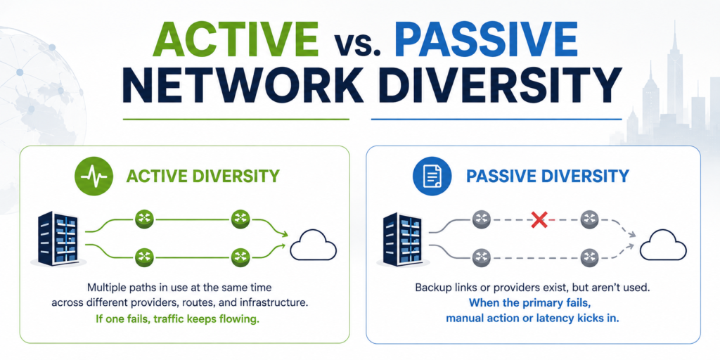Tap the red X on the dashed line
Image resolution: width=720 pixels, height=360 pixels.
(x=539, y=220)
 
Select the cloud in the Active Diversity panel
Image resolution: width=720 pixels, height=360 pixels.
(x=313, y=245)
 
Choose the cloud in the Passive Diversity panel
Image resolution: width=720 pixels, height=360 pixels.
(x=663, y=245)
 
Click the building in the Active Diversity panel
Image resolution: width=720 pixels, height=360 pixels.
(x=58, y=238)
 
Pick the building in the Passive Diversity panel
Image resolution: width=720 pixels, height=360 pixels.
(x=403, y=238)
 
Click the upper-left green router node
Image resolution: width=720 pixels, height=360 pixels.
(x=145, y=219)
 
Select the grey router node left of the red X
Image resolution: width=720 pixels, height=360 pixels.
(x=482, y=220)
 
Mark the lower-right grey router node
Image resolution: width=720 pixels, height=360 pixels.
(x=589, y=257)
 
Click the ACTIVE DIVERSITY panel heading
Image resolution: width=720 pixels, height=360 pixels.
(x=202, y=176)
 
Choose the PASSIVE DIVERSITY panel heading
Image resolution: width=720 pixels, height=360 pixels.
(x=547, y=176)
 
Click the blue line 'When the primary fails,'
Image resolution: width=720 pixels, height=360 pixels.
(x=533, y=304)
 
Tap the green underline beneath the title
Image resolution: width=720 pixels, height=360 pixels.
(x=236, y=120)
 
